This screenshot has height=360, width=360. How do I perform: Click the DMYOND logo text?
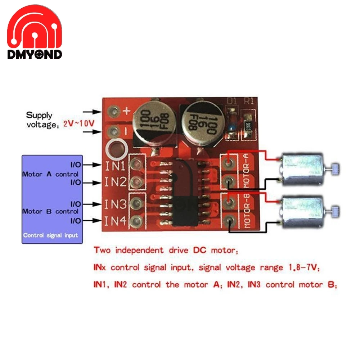click(35, 54)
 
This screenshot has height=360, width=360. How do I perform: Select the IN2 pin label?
click(115, 182)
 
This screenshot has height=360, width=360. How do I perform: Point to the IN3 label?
click(115, 204)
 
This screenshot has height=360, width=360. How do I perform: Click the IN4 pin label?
click(115, 220)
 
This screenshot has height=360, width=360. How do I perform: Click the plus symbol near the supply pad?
click(126, 112)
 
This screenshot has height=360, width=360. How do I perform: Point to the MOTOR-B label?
click(247, 211)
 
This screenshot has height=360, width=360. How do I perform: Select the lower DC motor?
click(302, 212)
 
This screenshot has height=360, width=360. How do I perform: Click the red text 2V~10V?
click(79, 123)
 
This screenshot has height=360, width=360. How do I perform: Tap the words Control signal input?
click(50, 235)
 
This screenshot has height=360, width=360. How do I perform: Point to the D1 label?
click(231, 102)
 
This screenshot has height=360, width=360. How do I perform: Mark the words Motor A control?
click(50, 174)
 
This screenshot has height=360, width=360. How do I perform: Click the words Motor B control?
click(50, 211)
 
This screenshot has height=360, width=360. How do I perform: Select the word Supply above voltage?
click(39, 116)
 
